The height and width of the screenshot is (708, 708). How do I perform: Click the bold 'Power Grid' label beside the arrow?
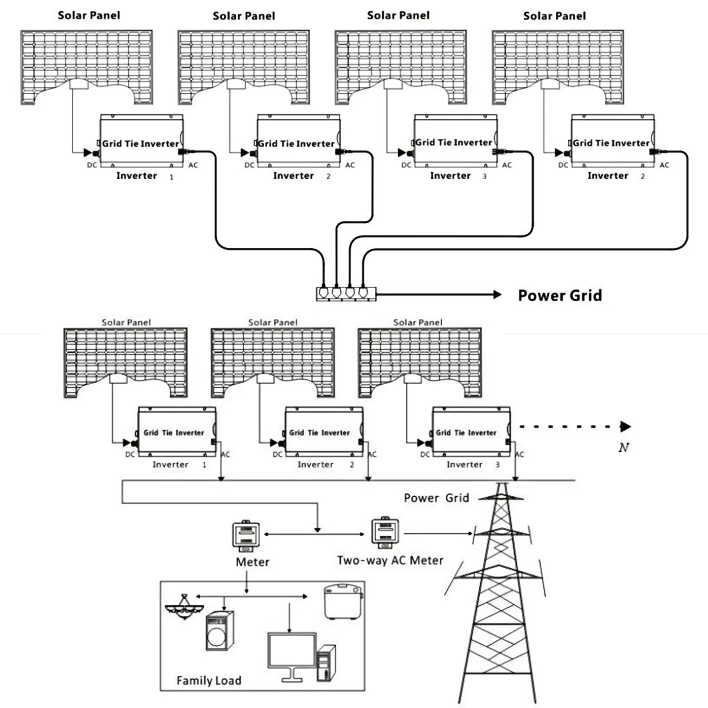coord(560,295)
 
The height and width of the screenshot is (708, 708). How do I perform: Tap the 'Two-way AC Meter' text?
coord(390,560)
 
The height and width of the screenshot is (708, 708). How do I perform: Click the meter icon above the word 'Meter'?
coord(246,536)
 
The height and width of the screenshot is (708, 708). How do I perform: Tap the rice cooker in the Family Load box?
coord(343,602)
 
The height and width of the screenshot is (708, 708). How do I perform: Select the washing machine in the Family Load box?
coord(219,631)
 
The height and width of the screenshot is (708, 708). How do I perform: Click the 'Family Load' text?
coord(209,680)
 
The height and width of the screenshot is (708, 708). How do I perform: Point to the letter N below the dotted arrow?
coord(623,448)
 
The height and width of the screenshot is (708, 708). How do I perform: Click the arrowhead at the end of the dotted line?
coord(626,427)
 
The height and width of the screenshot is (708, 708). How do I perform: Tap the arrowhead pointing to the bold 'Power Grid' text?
coord(497,294)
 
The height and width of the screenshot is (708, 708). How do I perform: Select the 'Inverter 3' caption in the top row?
coord(458,176)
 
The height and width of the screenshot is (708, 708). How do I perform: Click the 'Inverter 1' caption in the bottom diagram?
coord(179,465)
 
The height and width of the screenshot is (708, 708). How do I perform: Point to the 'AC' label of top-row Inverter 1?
coord(193,165)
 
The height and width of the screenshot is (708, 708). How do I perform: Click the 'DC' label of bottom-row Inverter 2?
coord(277,454)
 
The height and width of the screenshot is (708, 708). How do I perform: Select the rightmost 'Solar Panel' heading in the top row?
coord(554,16)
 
